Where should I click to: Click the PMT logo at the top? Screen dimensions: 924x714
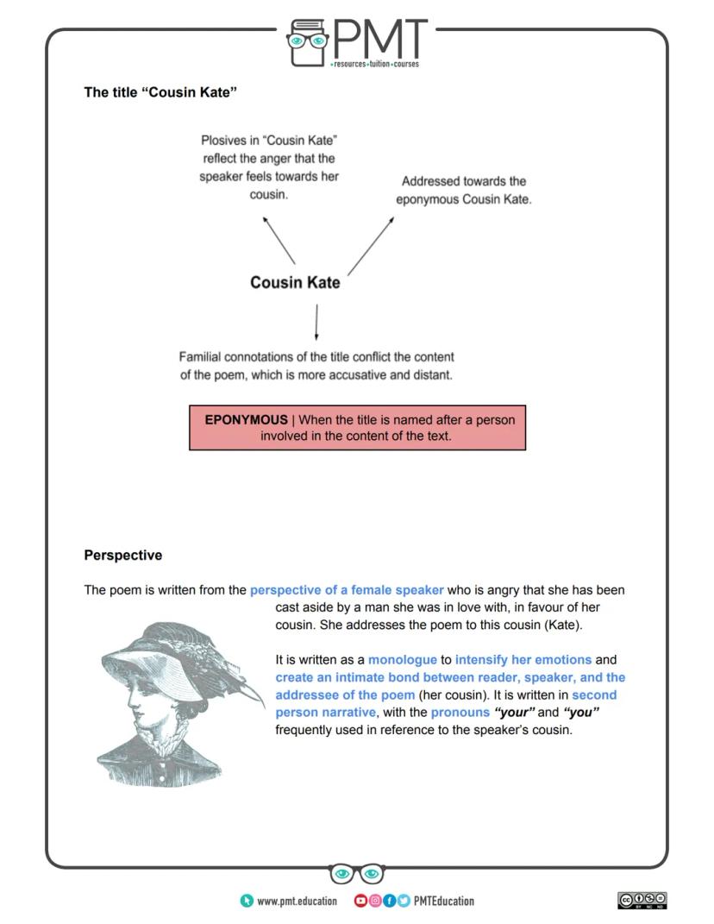pyautogui.click(x=357, y=41)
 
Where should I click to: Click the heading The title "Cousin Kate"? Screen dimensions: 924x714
pyautogui.click(x=160, y=92)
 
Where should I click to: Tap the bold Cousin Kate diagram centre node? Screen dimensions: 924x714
pyautogui.click(x=295, y=282)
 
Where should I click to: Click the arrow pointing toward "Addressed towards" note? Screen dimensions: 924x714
pyautogui.click(x=371, y=245)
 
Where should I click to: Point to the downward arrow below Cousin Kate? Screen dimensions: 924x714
pyautogui.click(x=316, y=321)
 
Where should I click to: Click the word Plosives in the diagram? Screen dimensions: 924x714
pyautogui.click(x=222, y=140)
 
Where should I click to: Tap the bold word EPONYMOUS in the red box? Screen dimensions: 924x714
pyautogui.click(x=246, y=419)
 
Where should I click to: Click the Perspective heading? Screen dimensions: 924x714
pyautogui.click(x=122, y=555)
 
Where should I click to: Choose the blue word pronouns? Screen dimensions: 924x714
pyautogui.click(x=460, y=713)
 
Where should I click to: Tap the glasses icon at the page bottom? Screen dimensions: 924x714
pyautogui.click(x=357, y=874)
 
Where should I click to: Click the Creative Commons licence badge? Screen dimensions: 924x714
pyautogui.click(x=642, y=901)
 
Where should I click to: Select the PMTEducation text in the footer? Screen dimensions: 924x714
pyautogui.click(x=443, y=901)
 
